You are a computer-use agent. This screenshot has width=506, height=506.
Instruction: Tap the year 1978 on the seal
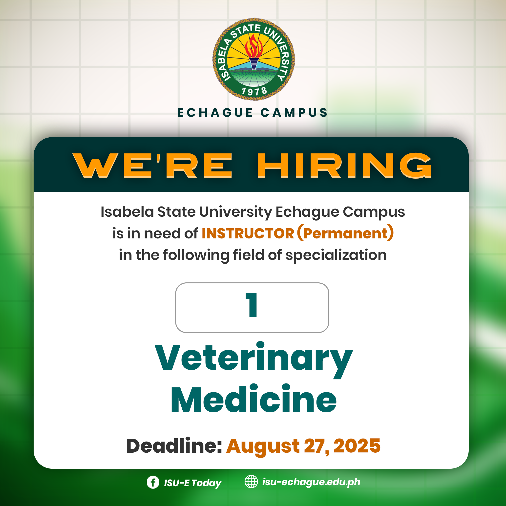click(254, 91)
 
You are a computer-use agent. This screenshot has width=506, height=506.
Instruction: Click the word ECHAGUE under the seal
click(215, 113)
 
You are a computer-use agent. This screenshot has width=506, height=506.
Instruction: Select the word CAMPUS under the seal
click(294, 113)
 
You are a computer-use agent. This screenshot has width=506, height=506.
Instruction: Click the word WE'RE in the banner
click(152, 166)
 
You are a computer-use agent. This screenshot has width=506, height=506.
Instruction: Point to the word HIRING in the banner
click(344, 166)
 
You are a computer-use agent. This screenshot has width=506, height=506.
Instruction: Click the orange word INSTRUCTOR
click(248, 233)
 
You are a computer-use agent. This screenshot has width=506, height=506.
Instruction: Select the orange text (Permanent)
click(345, 233)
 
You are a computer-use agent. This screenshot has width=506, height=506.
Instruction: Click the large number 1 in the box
click(252, 305)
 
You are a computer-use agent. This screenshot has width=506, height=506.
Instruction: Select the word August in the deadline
click(263, 447)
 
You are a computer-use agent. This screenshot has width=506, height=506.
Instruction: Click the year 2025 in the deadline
click(357, 446)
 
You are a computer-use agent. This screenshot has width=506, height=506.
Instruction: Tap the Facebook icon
click(153, 482)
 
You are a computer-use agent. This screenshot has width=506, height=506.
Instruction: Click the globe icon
click(251, 482)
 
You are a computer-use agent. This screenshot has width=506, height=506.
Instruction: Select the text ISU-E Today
click(192, 483)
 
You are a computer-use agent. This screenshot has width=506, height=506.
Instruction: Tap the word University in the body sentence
click(236, 212)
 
